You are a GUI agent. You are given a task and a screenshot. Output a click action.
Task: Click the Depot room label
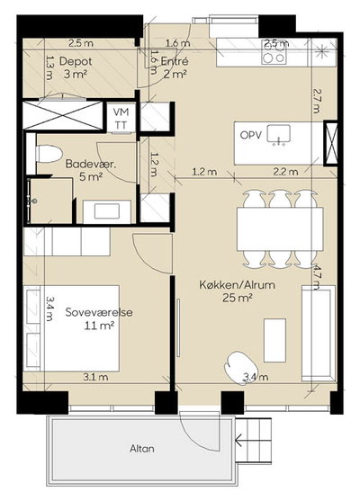point(76,61)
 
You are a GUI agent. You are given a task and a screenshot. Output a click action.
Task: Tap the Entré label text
point(175,60)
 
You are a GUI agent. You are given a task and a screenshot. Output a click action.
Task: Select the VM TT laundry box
point(121,117)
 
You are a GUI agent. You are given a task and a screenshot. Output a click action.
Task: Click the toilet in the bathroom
point(49,154)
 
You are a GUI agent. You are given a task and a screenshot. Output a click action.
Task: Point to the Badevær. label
point(91,164)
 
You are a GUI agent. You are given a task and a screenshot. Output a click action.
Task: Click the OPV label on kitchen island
point(251,135)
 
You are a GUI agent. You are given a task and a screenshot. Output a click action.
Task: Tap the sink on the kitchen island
point(279,135)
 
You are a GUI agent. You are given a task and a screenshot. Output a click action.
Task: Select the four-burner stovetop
point(274,51)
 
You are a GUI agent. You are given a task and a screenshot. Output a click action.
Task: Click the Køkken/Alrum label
point(238,284)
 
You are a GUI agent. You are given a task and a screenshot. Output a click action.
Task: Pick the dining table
point(280,228)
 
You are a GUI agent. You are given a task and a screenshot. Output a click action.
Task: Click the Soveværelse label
point(99,312)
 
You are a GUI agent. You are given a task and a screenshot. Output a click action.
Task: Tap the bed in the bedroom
point(72,328)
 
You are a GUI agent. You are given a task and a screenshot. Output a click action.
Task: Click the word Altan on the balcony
point(142,449)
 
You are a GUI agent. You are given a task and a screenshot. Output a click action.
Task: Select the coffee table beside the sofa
point(275,340)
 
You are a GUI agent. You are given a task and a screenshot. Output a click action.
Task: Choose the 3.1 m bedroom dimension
point(95,377)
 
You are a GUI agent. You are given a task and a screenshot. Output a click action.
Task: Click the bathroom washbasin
point(107,211)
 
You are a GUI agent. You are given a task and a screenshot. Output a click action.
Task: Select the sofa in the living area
point(319,334)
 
